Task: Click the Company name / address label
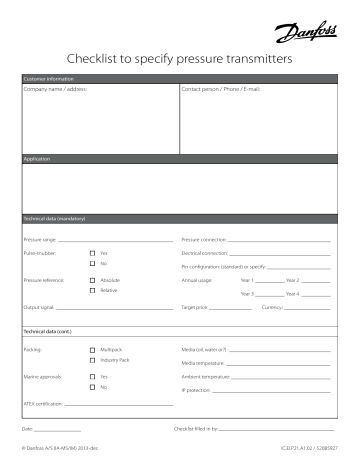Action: [x=54, y=90]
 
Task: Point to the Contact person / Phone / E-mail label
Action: [x=221, y=90]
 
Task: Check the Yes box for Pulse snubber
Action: [x=92, y=254]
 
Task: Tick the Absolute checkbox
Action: [x=92, y=281]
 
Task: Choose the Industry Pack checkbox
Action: [x=92, y=361]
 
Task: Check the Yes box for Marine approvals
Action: [x=92, y=377]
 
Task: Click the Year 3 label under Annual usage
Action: [x=248, y=294]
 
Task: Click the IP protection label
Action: [x=196, y=389]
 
